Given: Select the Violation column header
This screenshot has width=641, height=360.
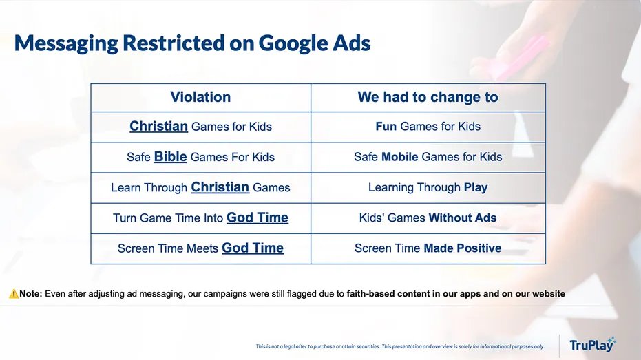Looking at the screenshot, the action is (200, 97).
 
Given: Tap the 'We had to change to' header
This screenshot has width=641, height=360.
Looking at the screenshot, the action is (428, 97).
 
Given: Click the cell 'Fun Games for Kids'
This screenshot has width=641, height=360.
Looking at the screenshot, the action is (428, 127).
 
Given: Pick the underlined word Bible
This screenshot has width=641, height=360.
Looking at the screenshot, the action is (171, 156).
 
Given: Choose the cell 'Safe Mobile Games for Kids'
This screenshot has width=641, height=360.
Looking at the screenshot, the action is (428, 157).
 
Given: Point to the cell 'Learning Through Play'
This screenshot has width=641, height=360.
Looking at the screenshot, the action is (428, 187).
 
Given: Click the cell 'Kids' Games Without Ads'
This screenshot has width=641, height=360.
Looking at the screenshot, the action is (428, 218).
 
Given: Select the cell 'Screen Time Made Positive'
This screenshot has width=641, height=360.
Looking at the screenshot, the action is (428, 248).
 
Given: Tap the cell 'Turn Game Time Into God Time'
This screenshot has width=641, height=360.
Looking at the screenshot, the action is (201, 218).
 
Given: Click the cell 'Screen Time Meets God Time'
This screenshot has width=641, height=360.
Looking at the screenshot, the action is (201, 248).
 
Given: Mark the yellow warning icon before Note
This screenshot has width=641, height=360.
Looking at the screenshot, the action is (14, 293).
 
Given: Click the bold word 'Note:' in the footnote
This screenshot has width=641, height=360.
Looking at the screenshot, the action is (31, 294).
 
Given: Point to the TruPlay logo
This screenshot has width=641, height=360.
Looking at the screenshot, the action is (592, 345).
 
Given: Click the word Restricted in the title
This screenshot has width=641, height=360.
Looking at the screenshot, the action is (174, 43).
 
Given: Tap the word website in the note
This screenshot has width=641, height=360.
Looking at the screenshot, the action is (549, 294).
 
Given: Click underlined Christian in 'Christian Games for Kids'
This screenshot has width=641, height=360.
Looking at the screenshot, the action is (158, 126).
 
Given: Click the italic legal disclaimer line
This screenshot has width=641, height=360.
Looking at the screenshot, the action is (400, 346).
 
